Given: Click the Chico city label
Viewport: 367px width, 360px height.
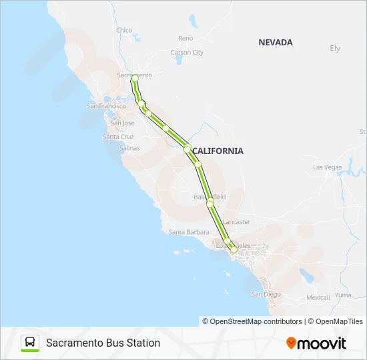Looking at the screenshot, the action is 124,30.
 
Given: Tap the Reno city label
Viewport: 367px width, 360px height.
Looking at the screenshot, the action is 186,39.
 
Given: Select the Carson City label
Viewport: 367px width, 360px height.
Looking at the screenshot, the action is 187,53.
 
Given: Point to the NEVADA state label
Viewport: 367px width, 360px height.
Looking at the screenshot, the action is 276,42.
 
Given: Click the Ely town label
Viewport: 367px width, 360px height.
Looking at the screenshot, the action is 335,49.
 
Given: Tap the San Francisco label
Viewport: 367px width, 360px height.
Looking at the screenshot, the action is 106,106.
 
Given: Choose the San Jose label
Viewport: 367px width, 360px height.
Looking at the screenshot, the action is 122,123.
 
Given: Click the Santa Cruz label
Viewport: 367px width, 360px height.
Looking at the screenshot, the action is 118,137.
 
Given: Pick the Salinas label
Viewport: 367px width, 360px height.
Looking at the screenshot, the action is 129,148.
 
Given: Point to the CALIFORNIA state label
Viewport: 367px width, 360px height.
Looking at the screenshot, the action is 218,151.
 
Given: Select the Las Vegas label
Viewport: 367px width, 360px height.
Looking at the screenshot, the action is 327,167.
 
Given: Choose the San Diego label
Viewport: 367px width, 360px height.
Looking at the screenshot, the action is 266,294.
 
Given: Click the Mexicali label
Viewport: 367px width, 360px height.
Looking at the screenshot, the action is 318,297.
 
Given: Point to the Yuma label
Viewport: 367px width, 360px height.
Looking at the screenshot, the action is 343,295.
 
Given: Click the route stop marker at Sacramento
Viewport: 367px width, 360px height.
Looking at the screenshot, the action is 135,79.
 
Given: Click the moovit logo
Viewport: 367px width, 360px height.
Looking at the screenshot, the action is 316,343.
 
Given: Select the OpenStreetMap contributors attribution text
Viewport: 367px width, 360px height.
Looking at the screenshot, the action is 252,321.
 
